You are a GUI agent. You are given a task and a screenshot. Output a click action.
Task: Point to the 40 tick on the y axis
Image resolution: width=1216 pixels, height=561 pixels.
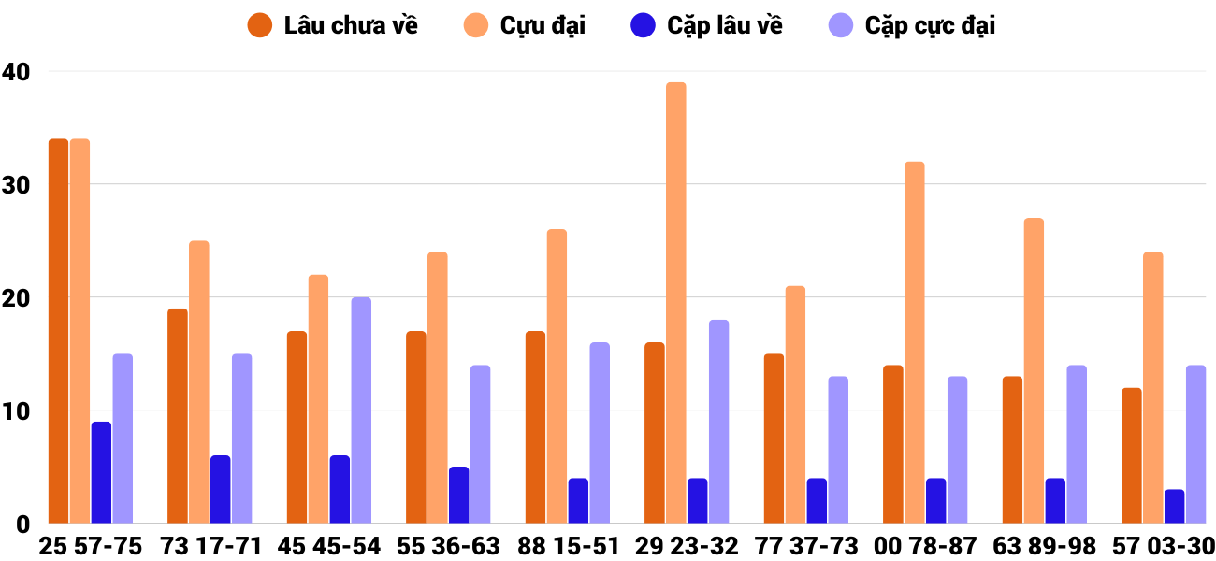(16, 71)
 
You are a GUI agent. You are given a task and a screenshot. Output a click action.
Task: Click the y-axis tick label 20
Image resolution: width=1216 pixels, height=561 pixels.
(16, 297)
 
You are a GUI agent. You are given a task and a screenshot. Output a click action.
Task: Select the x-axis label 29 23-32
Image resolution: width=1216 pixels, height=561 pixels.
(687, 546)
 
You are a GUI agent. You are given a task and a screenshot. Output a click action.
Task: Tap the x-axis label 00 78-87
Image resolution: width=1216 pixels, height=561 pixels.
(925, 546)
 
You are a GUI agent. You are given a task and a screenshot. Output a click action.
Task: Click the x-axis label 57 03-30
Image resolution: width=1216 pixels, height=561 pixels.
(1164, 546)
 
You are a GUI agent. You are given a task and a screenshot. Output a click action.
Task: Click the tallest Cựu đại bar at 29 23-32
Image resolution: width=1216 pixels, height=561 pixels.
(676, 303)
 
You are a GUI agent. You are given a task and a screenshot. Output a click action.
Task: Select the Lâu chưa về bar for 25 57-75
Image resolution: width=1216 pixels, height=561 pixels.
(58, 331)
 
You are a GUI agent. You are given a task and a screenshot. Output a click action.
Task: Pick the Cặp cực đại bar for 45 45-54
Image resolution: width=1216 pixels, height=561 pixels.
(361, 410)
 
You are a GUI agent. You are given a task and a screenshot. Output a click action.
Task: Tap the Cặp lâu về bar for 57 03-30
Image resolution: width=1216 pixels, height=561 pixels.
(1175, 507)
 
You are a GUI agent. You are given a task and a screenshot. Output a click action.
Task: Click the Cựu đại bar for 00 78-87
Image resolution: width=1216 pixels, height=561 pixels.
(915, 342)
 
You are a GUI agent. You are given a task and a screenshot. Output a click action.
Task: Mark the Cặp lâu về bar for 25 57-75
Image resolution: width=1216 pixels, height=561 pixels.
(101, 472)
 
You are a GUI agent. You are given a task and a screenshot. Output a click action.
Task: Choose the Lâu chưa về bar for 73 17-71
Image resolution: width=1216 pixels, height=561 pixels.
(178, 416)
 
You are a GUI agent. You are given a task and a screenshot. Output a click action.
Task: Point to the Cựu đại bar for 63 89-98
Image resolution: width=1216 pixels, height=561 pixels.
(1034, 371)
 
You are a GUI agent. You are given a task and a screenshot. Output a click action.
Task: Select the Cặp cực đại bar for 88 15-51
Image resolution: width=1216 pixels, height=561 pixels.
(600, 433)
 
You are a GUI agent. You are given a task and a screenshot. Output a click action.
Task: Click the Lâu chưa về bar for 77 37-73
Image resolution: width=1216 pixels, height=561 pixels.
(774, 439)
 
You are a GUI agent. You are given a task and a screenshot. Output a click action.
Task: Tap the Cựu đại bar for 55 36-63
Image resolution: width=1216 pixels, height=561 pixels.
(438, 388)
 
